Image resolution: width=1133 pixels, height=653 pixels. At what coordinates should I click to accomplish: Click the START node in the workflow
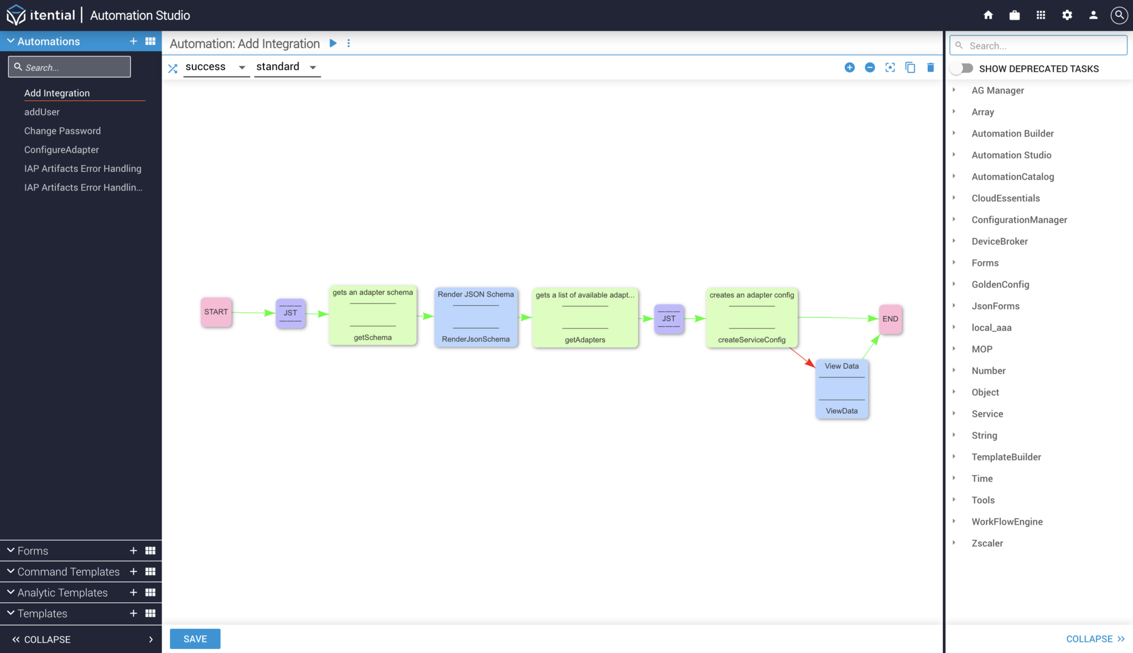pos(216,312)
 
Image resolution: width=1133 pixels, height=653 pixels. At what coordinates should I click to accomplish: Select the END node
pos(890,319)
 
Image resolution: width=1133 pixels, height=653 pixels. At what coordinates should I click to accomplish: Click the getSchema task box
pos(372,316)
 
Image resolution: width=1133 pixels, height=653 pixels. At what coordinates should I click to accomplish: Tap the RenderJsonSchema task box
pos(476,317)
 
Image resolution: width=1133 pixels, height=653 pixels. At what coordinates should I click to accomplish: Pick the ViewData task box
pos(841,389)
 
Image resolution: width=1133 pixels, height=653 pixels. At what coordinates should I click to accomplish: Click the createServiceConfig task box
pos(751,318)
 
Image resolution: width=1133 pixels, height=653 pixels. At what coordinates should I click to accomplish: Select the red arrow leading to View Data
pos(802,357)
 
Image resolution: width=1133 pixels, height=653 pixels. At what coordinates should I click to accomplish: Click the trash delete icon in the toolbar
pos(931,67)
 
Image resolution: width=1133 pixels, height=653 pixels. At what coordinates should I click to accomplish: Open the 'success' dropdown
pos(216,67)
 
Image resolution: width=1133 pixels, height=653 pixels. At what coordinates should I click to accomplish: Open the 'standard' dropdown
pos(287,67)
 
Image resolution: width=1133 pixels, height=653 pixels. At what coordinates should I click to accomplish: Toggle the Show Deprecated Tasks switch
pos(963,69)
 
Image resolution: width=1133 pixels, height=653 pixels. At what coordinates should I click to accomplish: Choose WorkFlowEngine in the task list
pos(1007,521)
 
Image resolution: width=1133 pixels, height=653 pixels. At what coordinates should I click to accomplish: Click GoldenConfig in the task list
pos(1000,284)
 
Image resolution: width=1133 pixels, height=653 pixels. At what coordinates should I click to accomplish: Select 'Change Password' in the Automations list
pos(63,131)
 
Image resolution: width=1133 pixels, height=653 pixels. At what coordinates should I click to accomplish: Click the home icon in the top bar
pos(988,15)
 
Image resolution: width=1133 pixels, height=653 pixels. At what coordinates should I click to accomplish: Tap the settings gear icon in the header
pos(1067,15)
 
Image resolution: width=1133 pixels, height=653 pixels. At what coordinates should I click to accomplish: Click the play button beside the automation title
pos(333,43)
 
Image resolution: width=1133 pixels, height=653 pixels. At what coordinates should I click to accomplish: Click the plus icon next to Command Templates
pos(133,572)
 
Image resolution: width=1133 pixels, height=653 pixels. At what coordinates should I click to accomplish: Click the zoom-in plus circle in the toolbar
pos(850,67)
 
